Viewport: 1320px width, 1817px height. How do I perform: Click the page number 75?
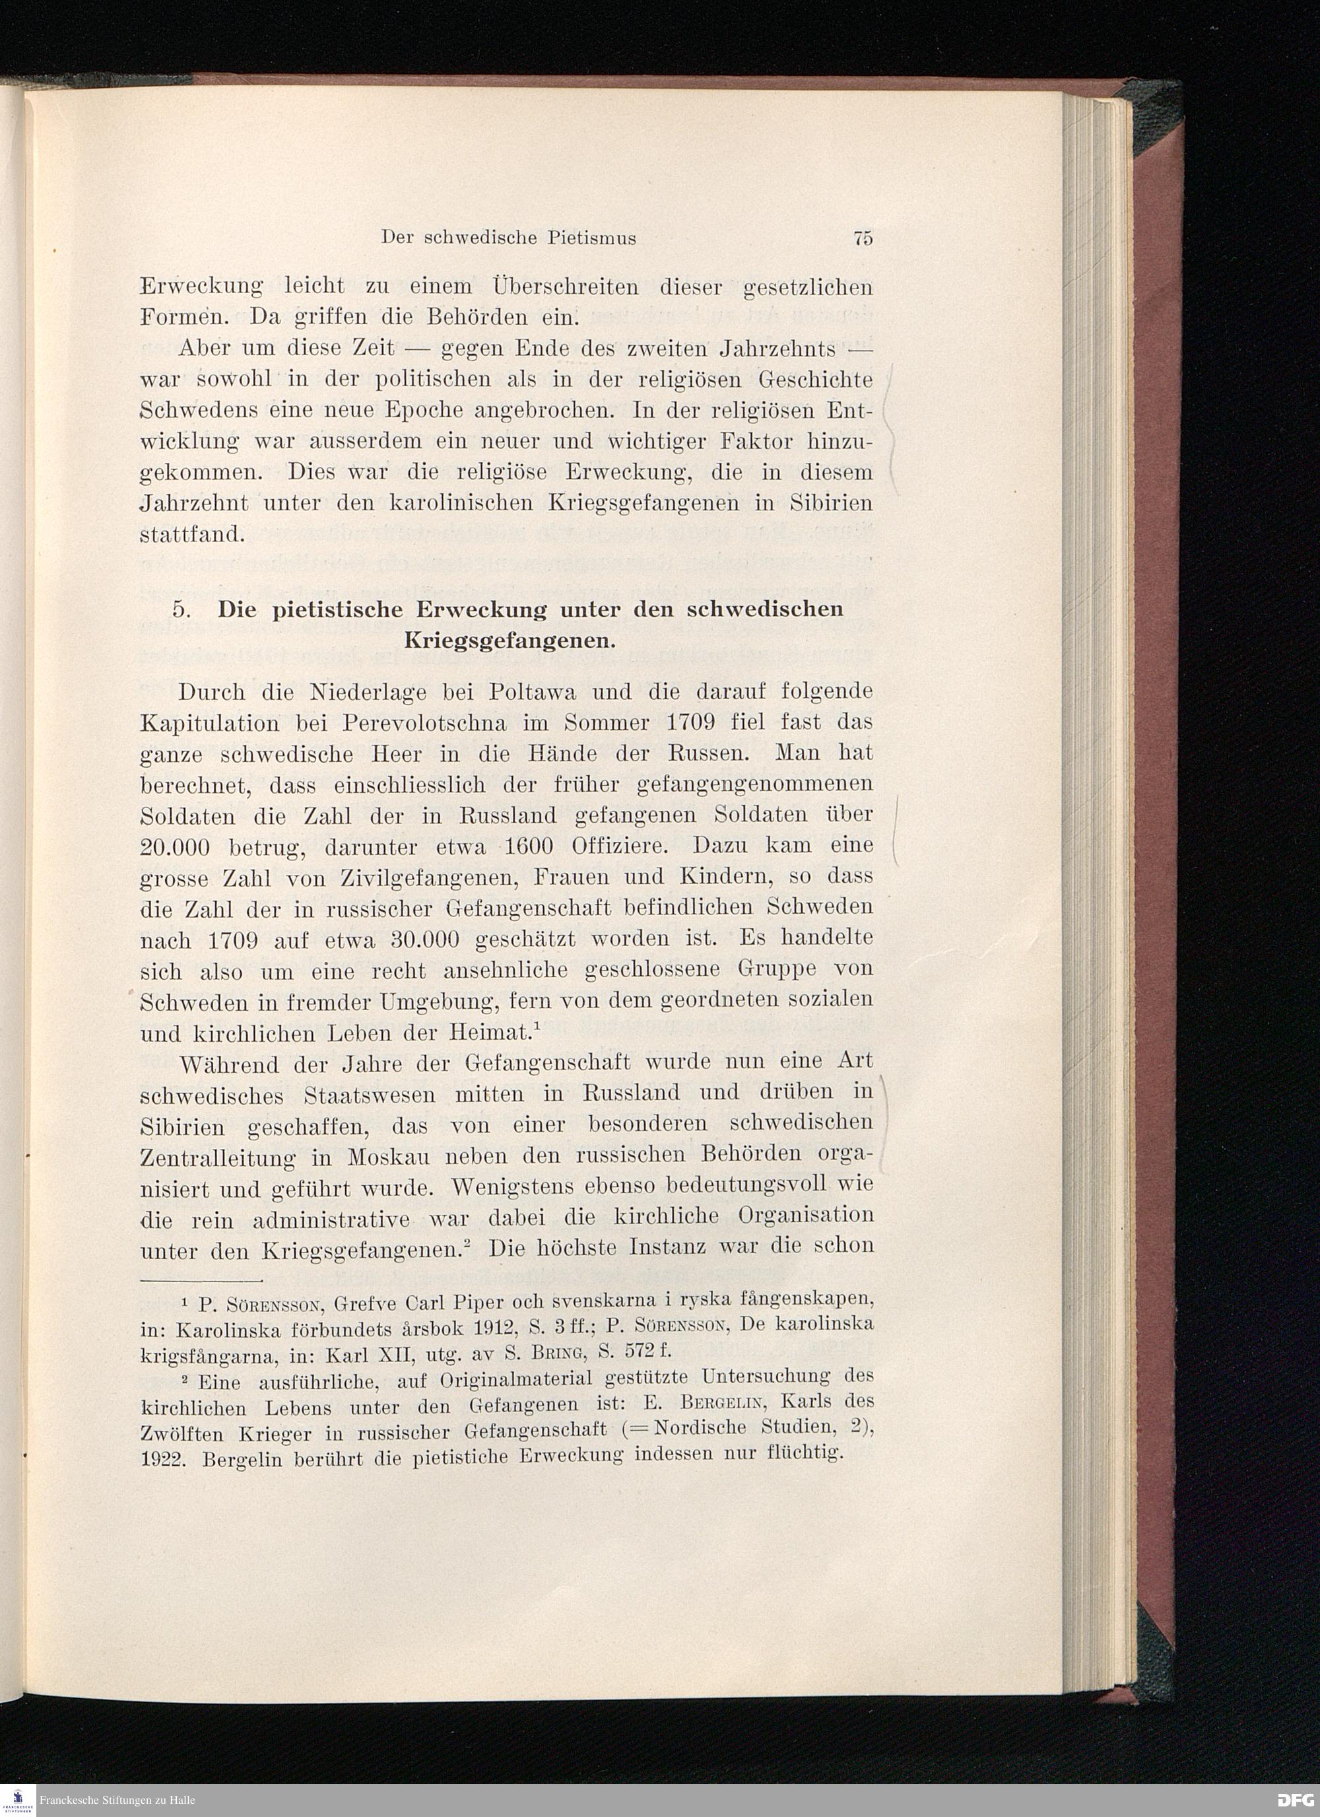862,237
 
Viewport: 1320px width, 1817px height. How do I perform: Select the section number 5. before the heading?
180,608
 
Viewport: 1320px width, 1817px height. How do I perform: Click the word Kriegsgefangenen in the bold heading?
510,641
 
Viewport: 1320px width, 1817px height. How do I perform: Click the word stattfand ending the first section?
191,534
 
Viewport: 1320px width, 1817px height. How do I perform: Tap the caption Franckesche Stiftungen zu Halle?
117,1801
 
